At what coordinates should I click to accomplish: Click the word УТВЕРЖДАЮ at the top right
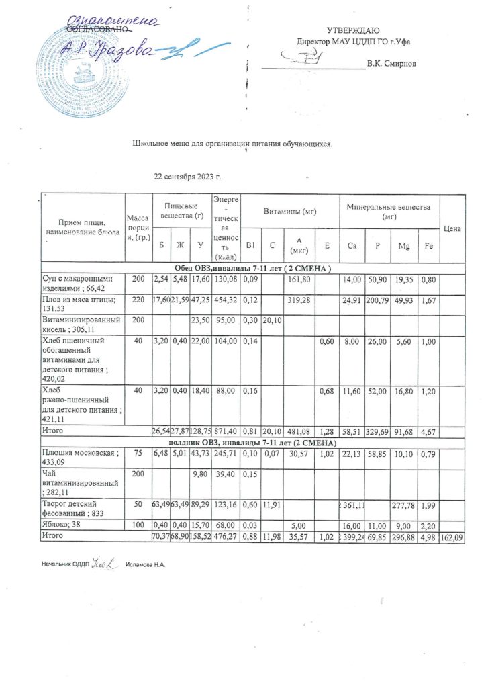[x=353, y=31]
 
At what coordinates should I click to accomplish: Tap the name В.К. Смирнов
[x=391, y=64]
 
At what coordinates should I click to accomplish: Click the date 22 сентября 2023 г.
[x=187, y=177]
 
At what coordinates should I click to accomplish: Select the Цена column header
[x=452, y=229]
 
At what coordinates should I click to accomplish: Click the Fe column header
[x=428, y=247]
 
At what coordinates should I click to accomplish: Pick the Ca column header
[x=352, y=247]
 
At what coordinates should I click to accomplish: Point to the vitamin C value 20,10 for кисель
[x=273, y=320]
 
